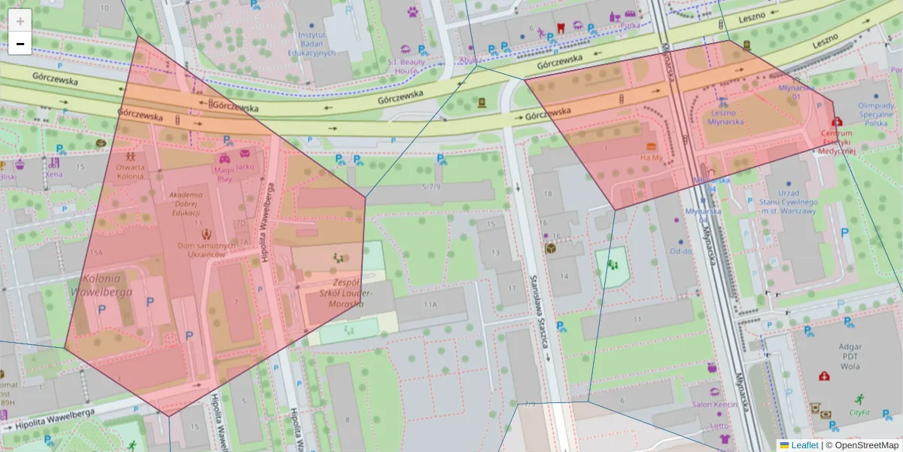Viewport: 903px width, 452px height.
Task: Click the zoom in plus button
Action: [x=20, y=20]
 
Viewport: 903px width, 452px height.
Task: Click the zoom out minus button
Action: [x=20, y=44]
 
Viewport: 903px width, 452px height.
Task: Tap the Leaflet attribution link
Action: [x=804, y=445]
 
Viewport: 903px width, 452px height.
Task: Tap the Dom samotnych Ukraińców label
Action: [x=201, y=250]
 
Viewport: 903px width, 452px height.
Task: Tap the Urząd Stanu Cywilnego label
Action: [x=788, y=202]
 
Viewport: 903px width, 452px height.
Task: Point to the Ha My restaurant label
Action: [x=651, y=158]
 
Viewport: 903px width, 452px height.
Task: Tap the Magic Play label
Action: [x=224, y=175]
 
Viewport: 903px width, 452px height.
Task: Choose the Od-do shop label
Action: [x=681, y=251]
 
